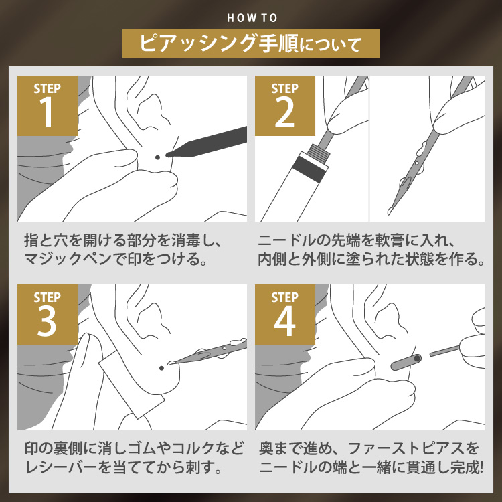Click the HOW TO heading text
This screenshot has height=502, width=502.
(252, 18)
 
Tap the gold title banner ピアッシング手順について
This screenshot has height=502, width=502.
(251, 44)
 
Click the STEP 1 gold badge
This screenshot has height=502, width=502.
(48, 106)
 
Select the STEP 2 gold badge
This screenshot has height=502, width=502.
(285, 106)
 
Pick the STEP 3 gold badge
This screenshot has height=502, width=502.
(48, 315)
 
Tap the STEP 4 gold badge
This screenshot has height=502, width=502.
(285, 315)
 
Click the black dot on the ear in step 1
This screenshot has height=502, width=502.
(157, 157)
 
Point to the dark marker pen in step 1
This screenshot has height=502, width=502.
(207, 143)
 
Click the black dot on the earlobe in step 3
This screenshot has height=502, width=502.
(162, 368)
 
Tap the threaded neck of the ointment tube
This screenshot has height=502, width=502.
(319, 151)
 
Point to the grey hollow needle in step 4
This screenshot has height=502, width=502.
(406, 362)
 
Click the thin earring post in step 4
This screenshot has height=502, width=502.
(444, 350)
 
